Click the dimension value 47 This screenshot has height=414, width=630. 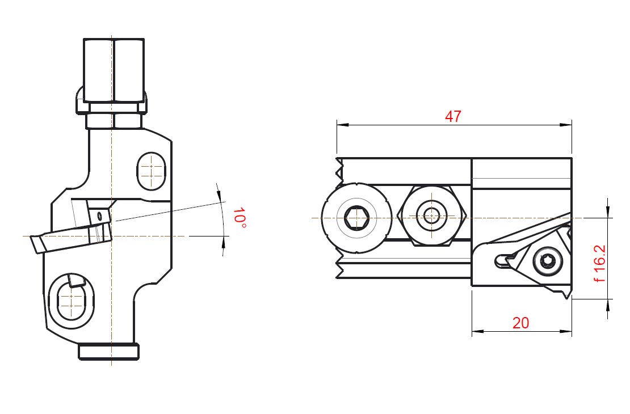click(453, 116)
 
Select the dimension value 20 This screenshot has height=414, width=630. click(520, 323)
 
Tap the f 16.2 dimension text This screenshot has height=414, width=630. click(599, 263)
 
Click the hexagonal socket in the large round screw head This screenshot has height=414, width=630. click(356, 218)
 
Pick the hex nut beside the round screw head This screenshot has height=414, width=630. click(431, 216)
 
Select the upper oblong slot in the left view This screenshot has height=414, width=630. click(151, 171)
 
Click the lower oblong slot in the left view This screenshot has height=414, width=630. click(71, 300)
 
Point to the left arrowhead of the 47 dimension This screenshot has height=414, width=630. click(342, 125)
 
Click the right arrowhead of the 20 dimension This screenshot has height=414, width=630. click(566, 331)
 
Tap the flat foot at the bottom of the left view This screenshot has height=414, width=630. click(108, 352)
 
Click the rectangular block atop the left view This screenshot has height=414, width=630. click(114, 70)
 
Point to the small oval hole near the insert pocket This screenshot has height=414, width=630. click(100, 217)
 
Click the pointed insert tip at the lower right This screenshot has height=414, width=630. click(567, 295)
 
